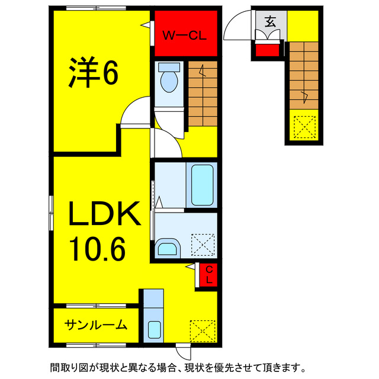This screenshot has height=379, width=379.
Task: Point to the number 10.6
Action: (98, 249)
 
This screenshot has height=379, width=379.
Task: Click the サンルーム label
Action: (97, 325)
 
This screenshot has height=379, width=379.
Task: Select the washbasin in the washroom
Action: (168, 247)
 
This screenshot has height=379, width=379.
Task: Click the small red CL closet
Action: (209, 275)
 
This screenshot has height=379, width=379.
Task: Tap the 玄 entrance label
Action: (270, 23)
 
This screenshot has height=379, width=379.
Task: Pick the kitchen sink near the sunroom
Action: (154, 329)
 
